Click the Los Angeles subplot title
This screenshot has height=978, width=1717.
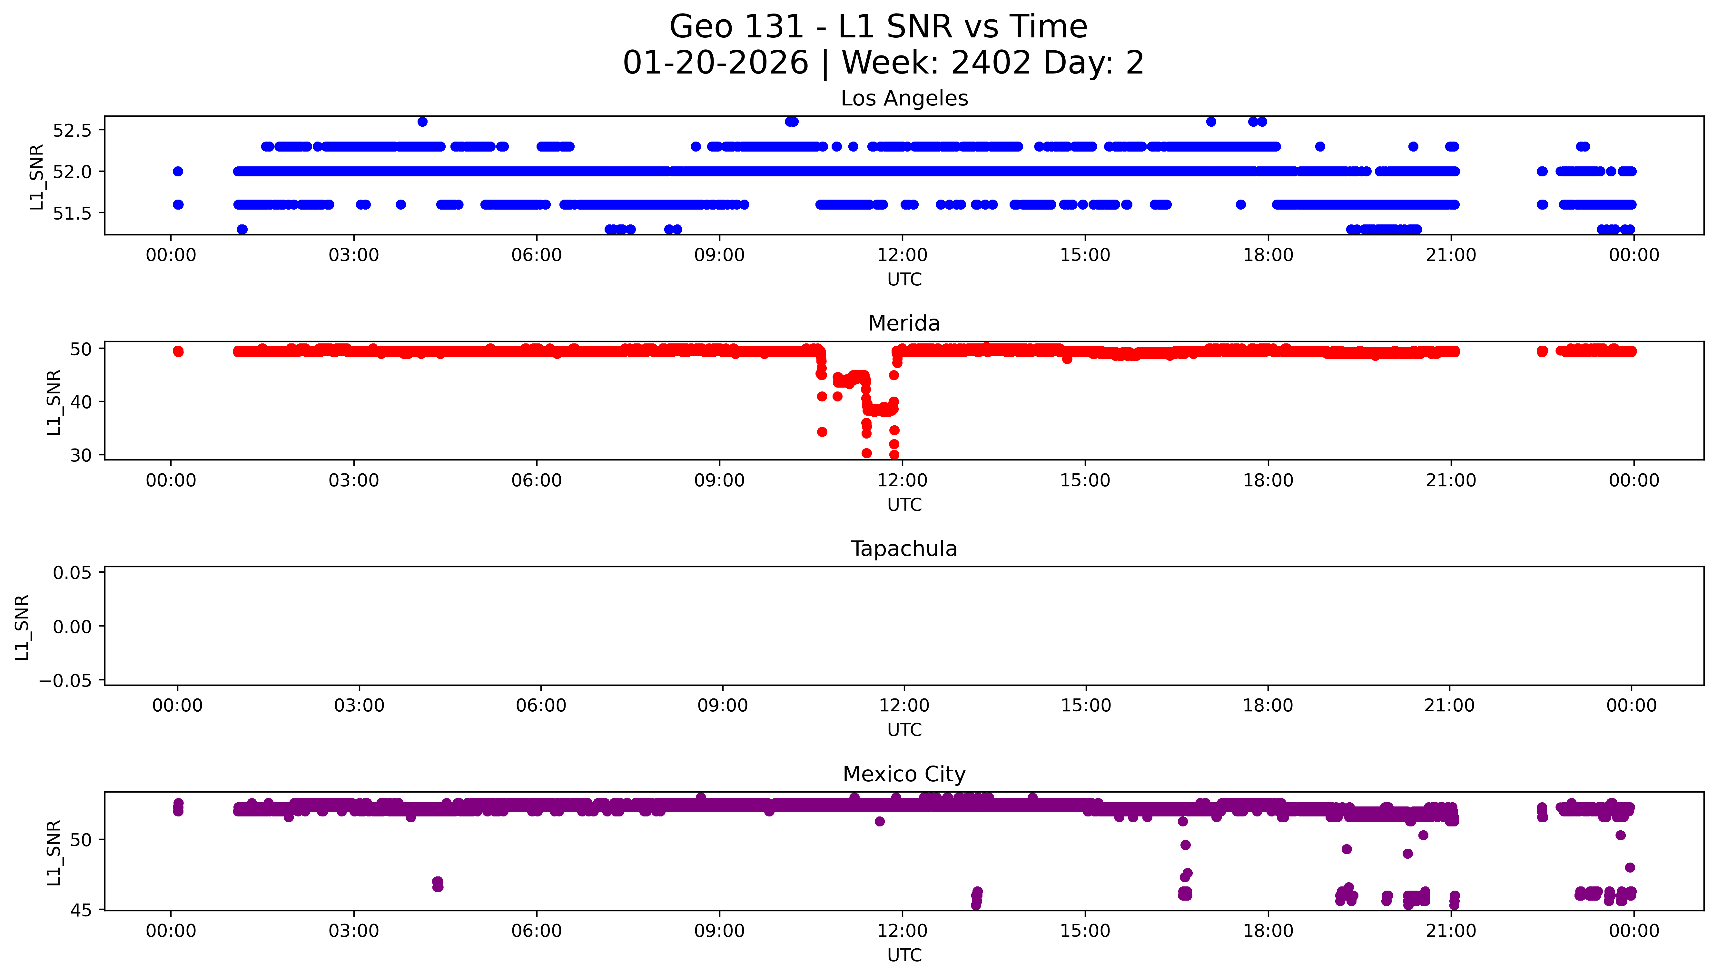[904, 99]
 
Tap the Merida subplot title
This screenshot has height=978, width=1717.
[904, 324]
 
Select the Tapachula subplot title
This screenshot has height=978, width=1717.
[904, 549]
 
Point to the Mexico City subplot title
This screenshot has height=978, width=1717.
[904, 775]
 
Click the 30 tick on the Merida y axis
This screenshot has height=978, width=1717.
[81, 455]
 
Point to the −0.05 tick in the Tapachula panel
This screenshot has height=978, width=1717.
[66, 681]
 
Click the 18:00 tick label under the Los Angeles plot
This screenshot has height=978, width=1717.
[1268, 255]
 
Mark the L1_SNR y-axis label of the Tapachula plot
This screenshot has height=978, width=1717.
[22, 627]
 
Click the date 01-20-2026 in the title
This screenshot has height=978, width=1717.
[715, 63]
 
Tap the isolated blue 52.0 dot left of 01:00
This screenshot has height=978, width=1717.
[178, 171]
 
